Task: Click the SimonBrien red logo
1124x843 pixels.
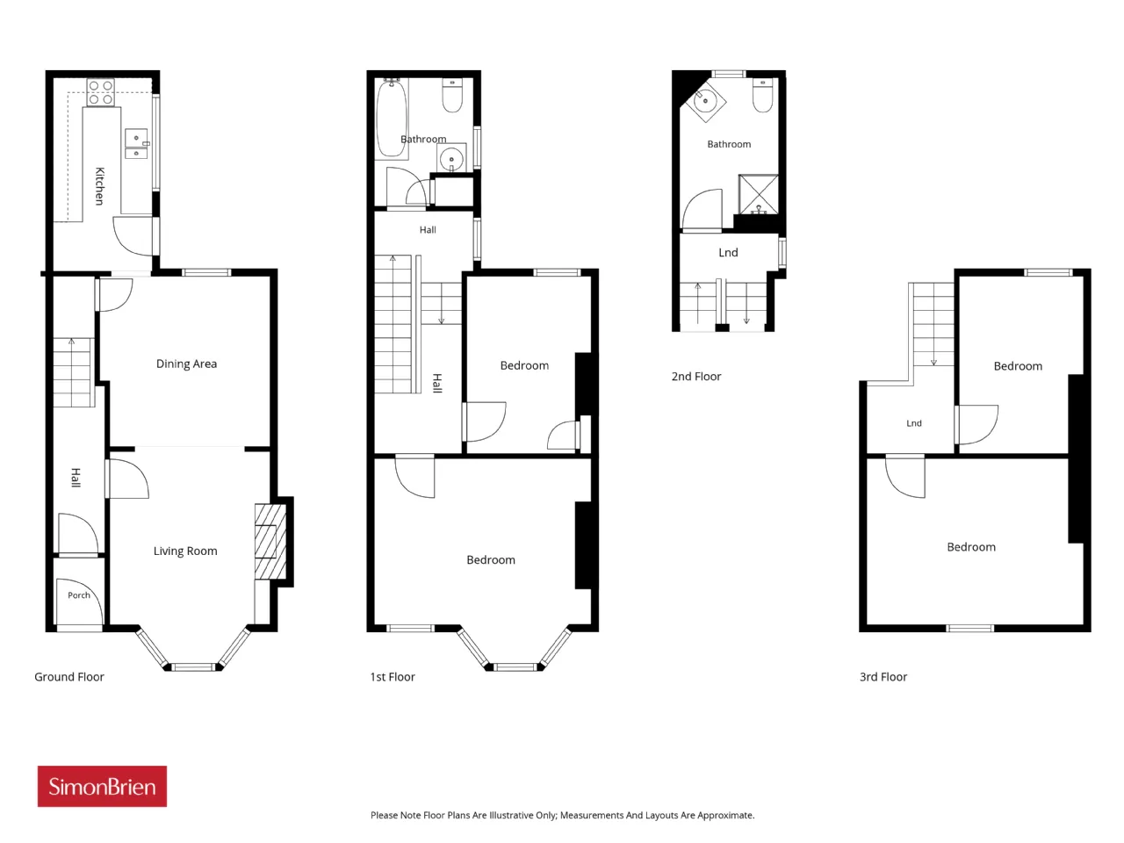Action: point(102,786)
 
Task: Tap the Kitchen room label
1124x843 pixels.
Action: point(100,186)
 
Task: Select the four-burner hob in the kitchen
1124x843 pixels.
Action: point(100,92)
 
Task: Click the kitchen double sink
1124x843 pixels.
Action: point(137,143)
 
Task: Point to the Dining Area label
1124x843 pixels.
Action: point(186,364)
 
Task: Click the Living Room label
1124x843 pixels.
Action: point(185,551)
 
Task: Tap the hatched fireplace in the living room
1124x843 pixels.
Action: point(270,542)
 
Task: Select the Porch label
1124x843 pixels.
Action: point(79,594)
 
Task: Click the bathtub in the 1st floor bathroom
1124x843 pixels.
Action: point(393,119)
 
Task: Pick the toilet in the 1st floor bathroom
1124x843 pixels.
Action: point(452,95)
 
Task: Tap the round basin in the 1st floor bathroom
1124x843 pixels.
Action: point(451,158)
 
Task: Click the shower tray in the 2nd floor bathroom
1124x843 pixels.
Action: point(759,194)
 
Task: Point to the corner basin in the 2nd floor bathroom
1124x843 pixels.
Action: point(706,101)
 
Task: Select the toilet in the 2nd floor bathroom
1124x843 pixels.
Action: point(762,95)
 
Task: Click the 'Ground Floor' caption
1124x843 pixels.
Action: point(69,677)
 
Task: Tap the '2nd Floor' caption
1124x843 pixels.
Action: point(696,376)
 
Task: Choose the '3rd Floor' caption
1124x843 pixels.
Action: point(883,677)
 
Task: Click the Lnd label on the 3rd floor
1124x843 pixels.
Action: point(914,422)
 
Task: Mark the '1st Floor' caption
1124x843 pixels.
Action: point(393,677)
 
